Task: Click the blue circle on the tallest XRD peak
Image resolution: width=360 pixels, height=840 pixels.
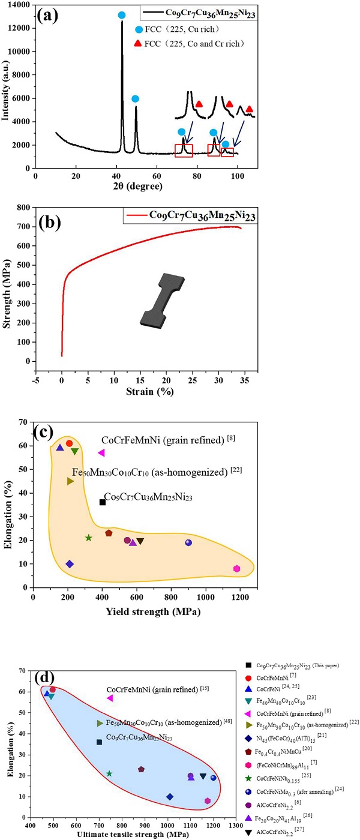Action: [122, 15]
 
